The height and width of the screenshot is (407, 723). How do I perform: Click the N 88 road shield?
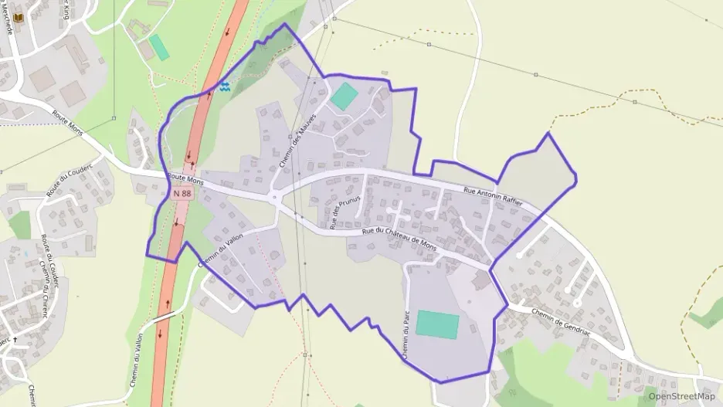click(182, 193)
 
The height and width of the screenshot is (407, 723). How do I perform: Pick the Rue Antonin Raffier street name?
click(493, 195)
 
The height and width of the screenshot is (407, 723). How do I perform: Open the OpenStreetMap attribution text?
click(681, 396)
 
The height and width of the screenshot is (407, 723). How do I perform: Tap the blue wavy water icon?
click(224, 87)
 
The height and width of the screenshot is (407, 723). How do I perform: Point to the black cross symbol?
click(14, 339)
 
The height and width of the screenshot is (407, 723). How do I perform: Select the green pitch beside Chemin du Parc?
click(437, 324)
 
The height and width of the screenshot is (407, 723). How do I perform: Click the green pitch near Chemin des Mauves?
click(344, 97)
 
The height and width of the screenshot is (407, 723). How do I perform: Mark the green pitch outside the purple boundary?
click(159, 47)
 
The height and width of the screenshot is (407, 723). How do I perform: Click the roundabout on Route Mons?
click(275, 198)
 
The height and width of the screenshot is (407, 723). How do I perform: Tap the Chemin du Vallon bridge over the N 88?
click(164, 317)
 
